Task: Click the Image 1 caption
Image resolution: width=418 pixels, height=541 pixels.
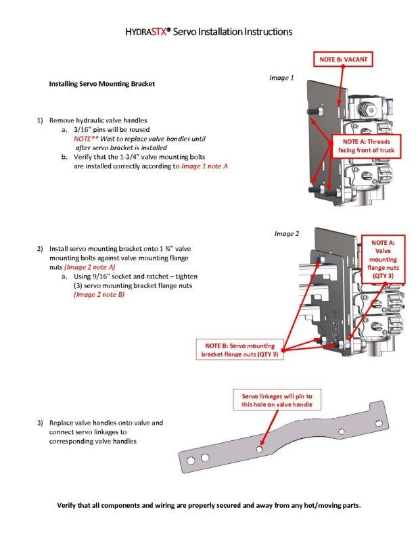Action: coord(281,78)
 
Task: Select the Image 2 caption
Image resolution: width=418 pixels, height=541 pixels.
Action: coord(286,234)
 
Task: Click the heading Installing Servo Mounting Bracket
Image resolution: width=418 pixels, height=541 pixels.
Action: coord(102,84)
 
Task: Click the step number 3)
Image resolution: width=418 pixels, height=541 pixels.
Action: coord(41,423)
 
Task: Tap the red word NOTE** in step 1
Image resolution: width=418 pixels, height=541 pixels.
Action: coord(87,138)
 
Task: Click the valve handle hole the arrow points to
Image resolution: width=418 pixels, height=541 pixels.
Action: coord(260,448)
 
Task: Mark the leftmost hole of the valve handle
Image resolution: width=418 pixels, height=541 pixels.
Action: coord(191,461)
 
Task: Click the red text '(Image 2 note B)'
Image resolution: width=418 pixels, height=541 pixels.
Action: coord(99,295)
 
